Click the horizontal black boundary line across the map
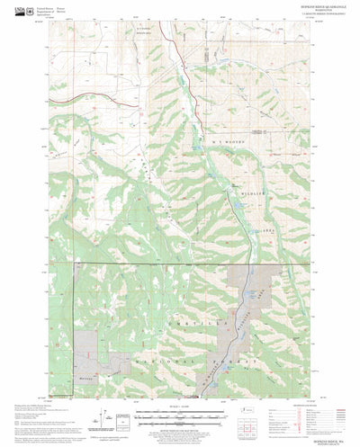pyautogui.click(x=153, y=264)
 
